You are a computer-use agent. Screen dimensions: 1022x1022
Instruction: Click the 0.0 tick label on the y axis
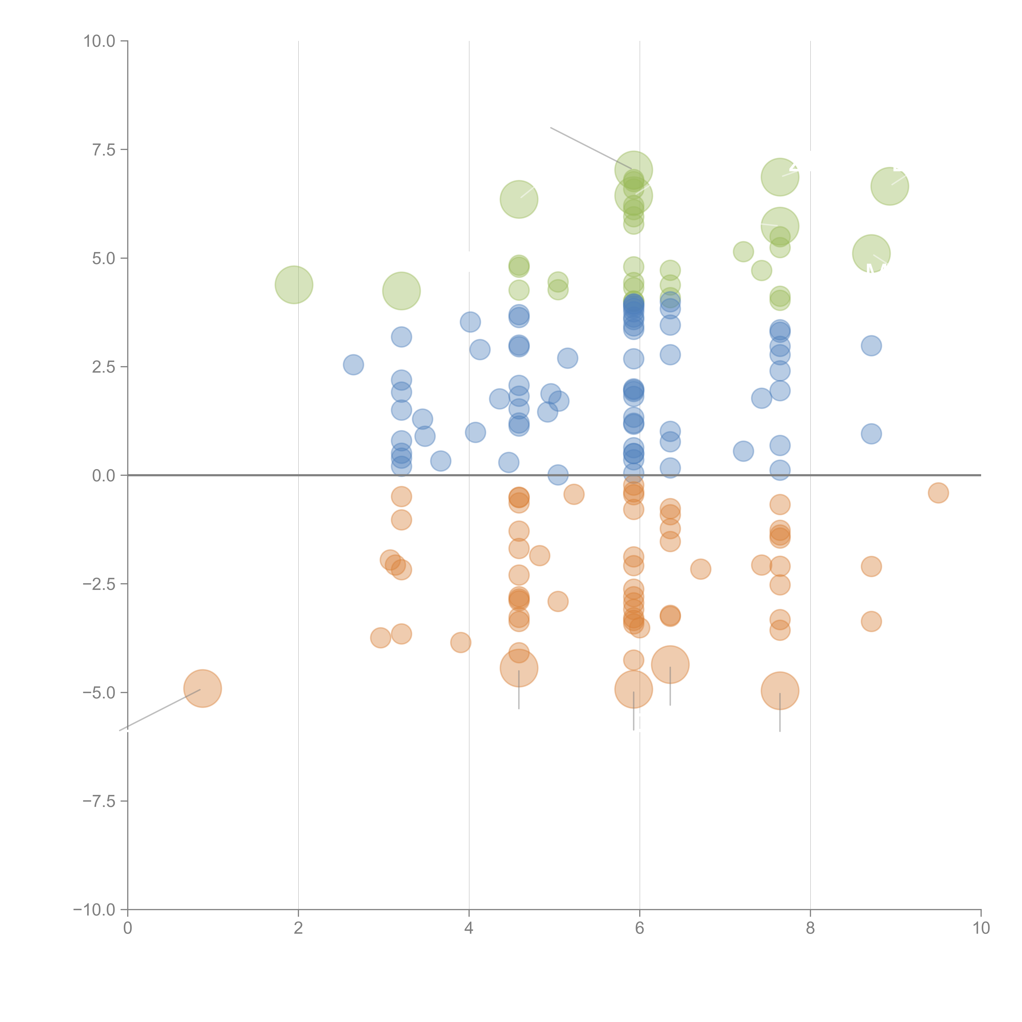coord(104,476)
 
